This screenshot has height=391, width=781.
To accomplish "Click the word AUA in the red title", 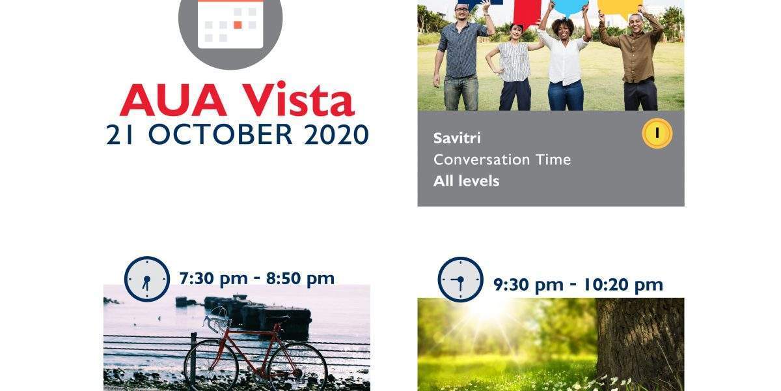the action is tap(173, 100).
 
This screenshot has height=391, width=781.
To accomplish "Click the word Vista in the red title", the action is tap(299, 99).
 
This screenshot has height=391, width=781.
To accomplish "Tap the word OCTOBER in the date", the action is tap(221, 134).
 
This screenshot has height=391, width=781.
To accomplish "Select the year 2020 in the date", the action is tap(336, 134).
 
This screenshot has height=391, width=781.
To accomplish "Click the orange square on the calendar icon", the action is tap(238, 25).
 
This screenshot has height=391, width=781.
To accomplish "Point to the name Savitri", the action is tap(457, 138).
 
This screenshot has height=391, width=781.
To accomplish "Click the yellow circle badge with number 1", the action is tap(657, 134).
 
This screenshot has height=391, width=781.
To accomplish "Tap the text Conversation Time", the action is tap(502, 160).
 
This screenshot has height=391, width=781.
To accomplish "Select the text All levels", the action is tap(466, 181).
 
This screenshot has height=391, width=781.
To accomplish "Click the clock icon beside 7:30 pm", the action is tap(147, 279).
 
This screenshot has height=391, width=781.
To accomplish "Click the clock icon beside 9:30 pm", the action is tap(461, 280).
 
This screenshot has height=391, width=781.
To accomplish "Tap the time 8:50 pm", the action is tap(300, 279).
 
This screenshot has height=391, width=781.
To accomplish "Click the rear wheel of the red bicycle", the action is tap(297, 366).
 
